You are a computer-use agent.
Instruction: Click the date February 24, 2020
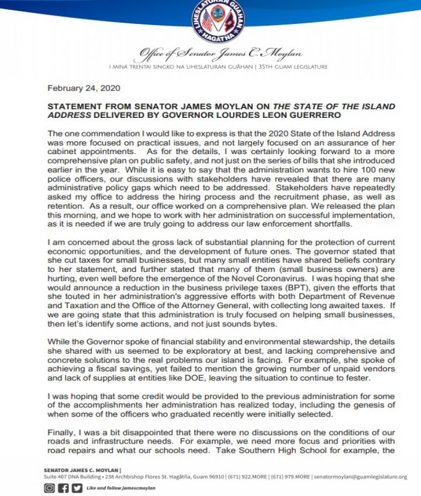[84, 88]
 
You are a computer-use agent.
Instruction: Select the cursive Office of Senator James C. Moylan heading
[218, 56]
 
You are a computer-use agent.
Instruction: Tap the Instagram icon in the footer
[50, 488]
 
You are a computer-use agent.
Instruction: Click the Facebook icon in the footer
[63, 488]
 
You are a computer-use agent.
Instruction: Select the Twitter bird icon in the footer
[77, 488]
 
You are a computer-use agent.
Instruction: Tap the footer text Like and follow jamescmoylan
[121, 488]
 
